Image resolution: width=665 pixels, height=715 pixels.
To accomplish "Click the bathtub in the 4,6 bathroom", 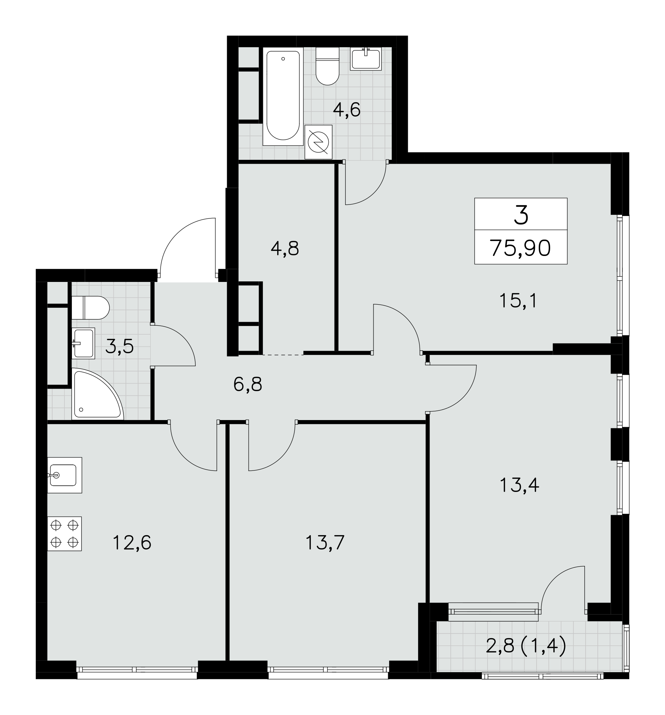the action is (x=283, y=97).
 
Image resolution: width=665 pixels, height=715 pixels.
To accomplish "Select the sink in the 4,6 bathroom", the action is (x=366, y=59).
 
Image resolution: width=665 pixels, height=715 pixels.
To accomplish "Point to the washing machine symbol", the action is (x=318, y=142).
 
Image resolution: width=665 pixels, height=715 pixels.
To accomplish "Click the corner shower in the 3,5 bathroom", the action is (x=97, y=394).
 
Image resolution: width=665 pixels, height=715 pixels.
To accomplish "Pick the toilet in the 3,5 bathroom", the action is (x=90, y=308).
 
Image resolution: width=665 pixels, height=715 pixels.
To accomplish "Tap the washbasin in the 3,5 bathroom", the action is (x=83, y=344).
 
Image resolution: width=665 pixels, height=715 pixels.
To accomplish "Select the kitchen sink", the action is (x=64, y=475).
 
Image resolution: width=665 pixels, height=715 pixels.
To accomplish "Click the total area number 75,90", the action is (x=520, y=248).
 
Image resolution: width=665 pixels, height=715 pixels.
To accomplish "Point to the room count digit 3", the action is (x=521, y=215).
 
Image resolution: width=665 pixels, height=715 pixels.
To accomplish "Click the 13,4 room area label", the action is (x=519, y=485).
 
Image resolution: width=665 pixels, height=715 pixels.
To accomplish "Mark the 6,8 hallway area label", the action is (x=248, y=384).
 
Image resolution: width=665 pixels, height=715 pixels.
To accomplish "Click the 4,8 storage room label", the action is (x=285, y=248).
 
